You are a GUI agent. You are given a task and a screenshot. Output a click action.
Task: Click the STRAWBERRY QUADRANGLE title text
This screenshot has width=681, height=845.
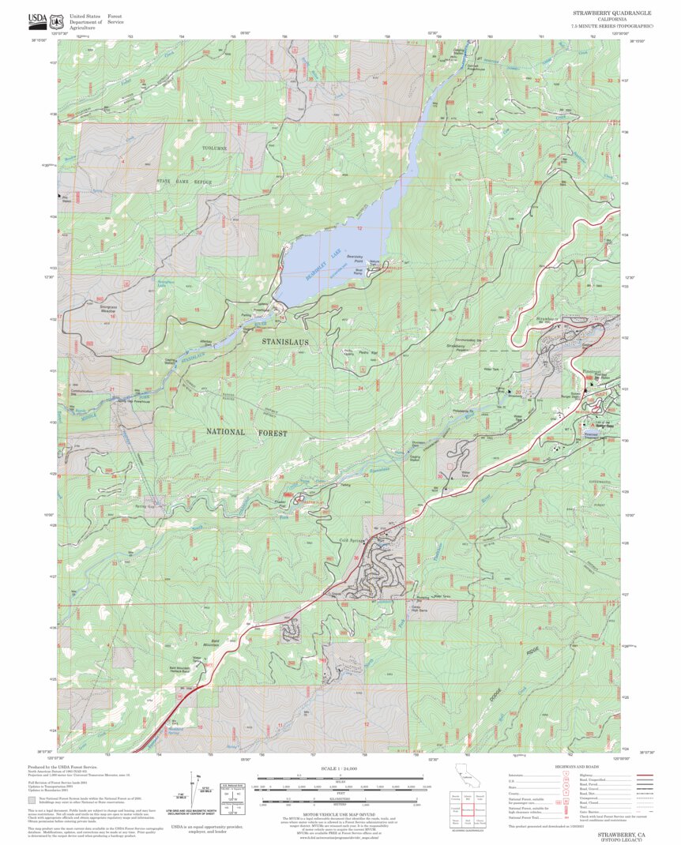(x=611, y=13)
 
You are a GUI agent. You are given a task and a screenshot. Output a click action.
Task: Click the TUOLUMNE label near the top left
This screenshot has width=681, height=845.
(x=217, y=148)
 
